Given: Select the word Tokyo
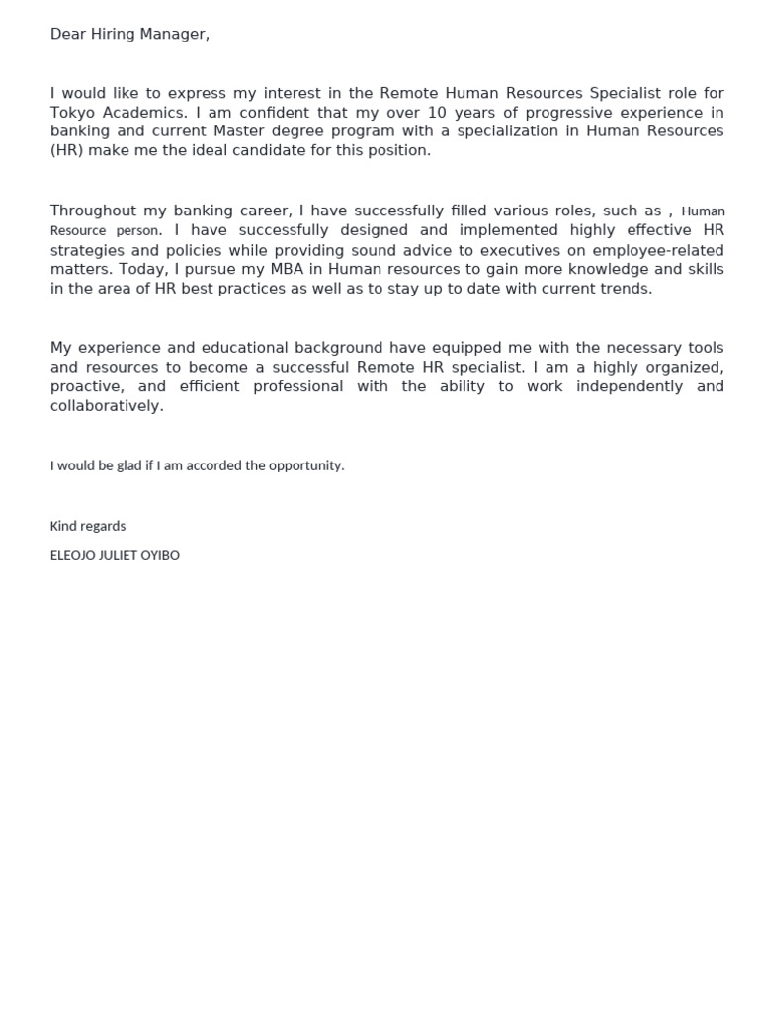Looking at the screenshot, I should point(72,113).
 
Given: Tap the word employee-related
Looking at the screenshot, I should point(657,250).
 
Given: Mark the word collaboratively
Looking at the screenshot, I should point(107,406).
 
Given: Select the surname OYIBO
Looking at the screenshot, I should point(161,555).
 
